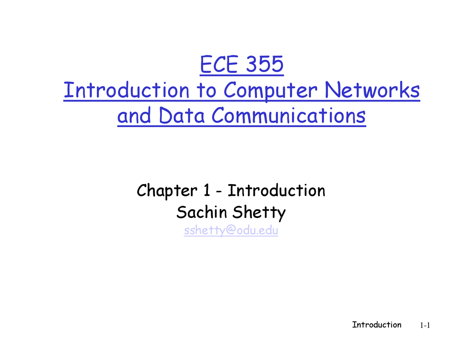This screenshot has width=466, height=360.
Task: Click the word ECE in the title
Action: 218,64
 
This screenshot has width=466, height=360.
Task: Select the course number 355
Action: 265,64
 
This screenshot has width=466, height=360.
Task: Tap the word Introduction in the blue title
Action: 126,90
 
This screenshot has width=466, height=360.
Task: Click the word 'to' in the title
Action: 206,90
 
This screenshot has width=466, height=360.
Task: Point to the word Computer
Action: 270,90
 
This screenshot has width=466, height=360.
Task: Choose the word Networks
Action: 372,90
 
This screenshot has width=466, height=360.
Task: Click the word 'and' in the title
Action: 134,116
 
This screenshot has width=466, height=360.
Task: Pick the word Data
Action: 181,116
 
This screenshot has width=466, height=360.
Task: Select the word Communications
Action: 288,116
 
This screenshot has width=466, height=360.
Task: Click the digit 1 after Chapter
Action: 206,190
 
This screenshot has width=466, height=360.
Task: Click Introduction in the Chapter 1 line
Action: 276,190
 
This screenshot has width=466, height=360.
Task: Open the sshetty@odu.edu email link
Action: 231,230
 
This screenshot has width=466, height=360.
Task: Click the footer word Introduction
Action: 376,325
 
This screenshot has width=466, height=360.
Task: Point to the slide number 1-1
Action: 425,325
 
